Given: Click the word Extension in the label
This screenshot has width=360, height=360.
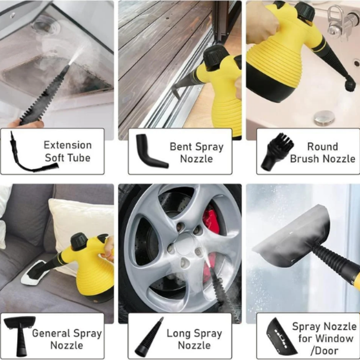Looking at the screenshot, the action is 68,145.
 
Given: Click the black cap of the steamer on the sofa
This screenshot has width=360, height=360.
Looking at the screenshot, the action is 79,242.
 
